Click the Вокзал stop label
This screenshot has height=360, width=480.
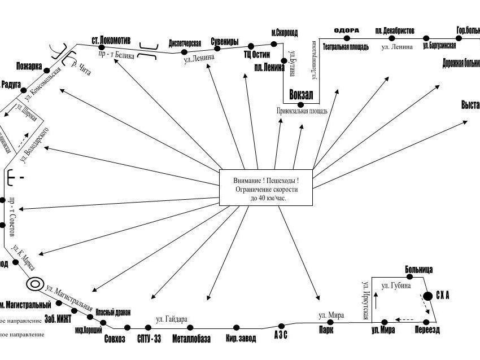point(300,95)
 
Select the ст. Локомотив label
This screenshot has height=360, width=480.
point(111,41)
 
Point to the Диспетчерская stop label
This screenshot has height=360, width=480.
point(185,43)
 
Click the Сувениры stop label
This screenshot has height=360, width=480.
point(224,42)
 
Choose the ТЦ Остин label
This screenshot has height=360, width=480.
point(257,55)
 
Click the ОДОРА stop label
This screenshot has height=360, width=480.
point(346,30)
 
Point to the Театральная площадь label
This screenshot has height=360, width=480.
point(345,47)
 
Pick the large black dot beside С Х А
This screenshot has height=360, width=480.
point(428,296)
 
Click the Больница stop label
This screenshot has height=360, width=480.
point(418,269)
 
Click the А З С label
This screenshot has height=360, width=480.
point(281,335)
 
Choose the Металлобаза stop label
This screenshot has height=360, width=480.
point(191,339)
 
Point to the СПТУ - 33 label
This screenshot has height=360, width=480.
point(149,339)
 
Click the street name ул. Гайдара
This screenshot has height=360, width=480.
point(172,319)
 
